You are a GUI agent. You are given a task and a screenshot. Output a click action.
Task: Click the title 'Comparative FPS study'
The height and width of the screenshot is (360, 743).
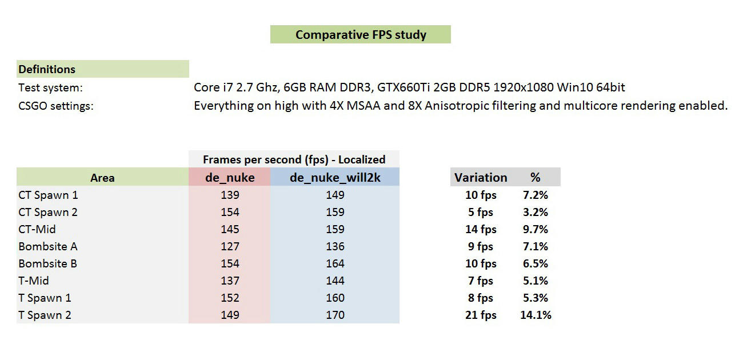click(x=361, y=35)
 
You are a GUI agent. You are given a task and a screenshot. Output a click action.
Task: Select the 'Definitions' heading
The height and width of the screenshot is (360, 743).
click(x=47, y=69)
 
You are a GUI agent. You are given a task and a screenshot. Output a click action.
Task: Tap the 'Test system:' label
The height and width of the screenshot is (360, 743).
click(x=51, y=87)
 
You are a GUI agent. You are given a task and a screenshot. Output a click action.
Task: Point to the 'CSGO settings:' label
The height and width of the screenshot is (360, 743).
click(x=55, y=106)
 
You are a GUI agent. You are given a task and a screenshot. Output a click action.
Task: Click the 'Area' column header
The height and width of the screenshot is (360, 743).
click(x=102, y=178)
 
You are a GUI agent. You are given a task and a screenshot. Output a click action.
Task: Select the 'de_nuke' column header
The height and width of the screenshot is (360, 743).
click(x=229, y=177)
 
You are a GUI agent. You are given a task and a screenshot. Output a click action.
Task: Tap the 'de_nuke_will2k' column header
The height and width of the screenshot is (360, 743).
click(x=335, y=177)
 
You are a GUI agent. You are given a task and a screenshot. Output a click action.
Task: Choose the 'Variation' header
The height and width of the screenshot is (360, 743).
click(x=481, y=177)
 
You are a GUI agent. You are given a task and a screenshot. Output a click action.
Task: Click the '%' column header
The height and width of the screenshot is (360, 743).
click(x=535, y=177)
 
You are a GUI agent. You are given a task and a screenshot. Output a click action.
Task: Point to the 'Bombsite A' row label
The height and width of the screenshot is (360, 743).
click(x=48, y=246)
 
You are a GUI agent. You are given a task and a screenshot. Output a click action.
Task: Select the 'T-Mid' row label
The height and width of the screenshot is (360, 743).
click(x=34, y=281)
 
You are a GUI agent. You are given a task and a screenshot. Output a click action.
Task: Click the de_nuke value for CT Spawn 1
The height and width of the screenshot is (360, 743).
click(x=229, y=195)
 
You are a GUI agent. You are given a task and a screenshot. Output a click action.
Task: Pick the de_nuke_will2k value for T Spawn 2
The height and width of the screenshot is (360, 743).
click(x=335, y=315)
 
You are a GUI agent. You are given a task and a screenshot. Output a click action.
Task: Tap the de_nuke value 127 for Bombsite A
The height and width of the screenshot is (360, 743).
click(x=229, y=246)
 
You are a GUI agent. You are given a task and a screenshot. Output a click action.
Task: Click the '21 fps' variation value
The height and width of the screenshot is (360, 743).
click(x=481, y=315)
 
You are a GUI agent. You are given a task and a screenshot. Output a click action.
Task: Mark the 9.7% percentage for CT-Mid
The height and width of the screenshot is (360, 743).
click(x=536, y=229)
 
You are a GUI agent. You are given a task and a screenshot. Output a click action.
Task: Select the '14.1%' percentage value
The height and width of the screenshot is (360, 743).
click(x=536, y=315)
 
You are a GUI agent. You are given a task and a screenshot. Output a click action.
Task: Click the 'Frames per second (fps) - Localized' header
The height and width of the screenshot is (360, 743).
click(x=294, y=159)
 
